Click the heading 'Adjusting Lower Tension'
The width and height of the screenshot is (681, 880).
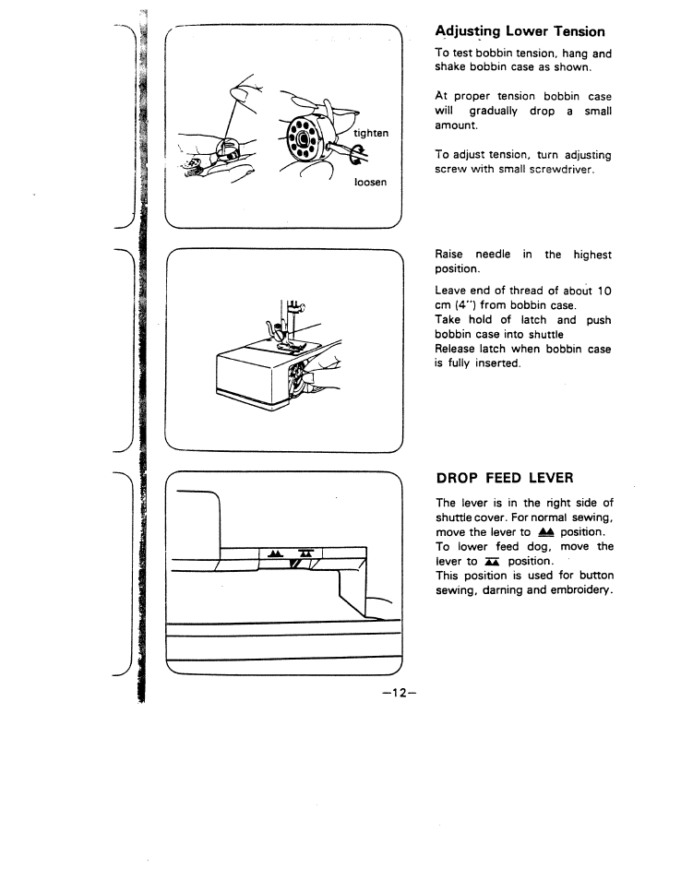pyautogui.click(x=520, y=32)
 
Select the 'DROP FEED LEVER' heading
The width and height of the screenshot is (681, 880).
pyautogui.click(x=504, y=478)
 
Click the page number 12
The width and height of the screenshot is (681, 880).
pyautogui.click(x=402, y=693)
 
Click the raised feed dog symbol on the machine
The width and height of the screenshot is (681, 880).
pyautogui.click(x=274, y=553)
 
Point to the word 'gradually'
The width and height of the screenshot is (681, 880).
pyautogui.click(x=496, y=111)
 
